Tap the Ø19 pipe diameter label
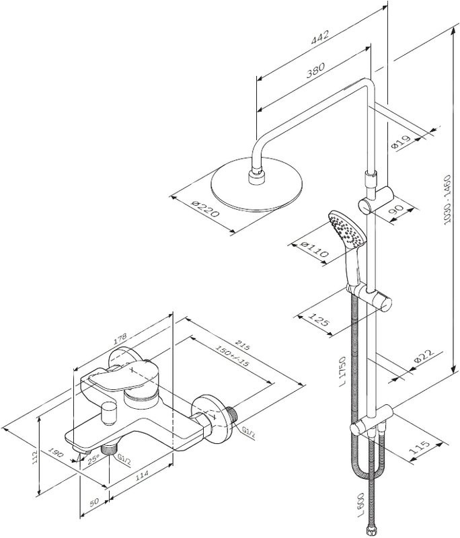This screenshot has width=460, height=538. click(x=402, y=143)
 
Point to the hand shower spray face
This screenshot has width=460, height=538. click(x=346, y=229)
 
